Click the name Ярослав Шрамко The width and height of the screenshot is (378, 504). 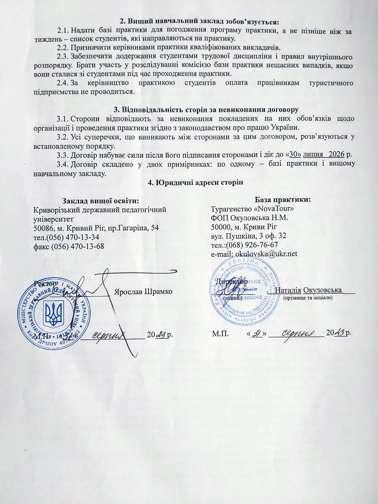143,292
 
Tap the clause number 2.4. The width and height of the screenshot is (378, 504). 63,83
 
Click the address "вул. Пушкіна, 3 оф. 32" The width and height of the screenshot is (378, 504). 248,236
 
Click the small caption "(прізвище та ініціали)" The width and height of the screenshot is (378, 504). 308,298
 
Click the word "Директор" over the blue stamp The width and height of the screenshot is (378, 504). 232,282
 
